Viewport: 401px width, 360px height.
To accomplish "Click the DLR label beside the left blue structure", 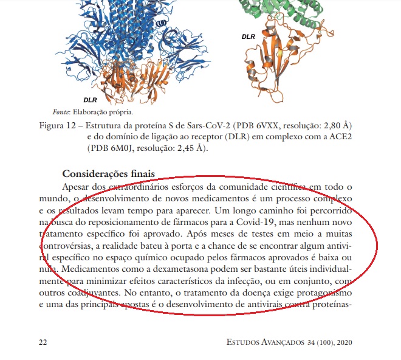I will click(x=91, y=99).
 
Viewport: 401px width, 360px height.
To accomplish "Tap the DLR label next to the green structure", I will click(x=248, y=36).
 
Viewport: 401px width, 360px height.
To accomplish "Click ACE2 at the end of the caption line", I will click(x=341, y=137).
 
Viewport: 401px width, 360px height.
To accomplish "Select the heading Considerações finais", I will click(x=109, y=174).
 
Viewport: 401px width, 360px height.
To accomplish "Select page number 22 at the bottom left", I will click(x=43, y=342).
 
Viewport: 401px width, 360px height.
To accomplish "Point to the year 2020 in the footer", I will click(x=344, y=342).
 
